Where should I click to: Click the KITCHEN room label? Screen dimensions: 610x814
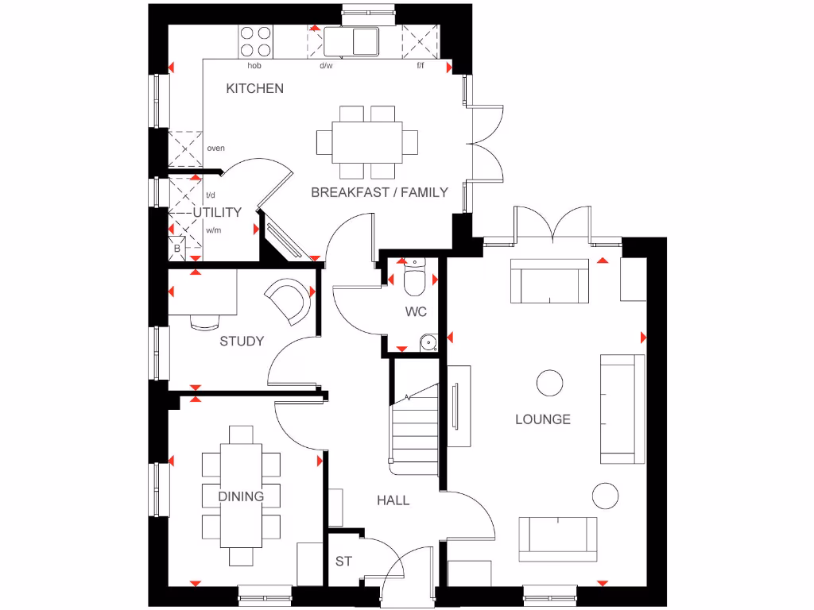(254, 88)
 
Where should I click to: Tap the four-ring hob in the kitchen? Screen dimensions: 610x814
(255, 41)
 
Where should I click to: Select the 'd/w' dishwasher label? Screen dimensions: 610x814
(326, 66)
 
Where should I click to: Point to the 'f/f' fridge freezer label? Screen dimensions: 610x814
(421, 66)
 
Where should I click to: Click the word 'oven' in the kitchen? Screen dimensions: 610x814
(215, 149)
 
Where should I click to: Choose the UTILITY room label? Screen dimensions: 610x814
(217, 213)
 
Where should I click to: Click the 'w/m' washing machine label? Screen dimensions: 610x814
(213, 230)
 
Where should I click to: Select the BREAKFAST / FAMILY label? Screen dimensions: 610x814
(379, 192)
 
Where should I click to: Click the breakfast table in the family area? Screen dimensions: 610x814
(367, 142)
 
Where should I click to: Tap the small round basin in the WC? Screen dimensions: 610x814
(428, 343)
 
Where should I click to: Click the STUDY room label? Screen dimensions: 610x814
(242, 342)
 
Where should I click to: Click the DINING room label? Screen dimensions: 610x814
(241, 497)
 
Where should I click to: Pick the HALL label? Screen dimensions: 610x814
(393, 500)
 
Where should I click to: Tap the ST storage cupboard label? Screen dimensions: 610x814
(343, 562)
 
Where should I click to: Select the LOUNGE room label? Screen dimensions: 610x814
(543, 419)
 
